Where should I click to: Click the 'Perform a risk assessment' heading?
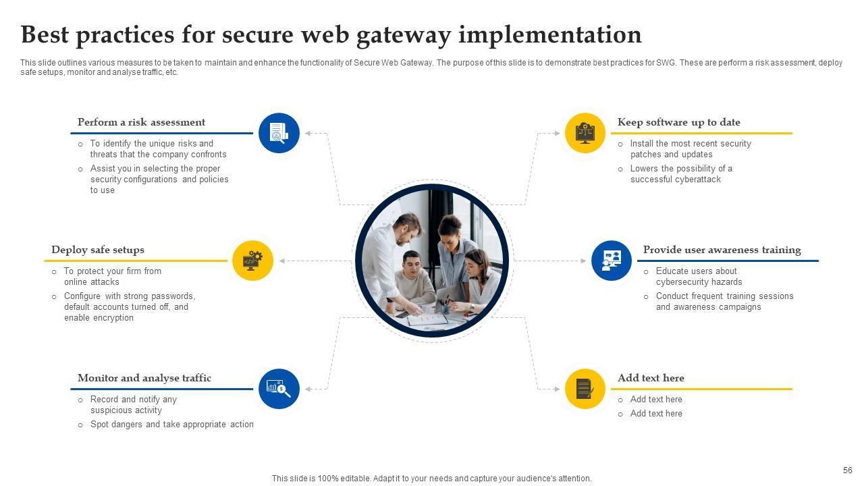pos(141,122)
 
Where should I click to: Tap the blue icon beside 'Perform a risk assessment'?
pos(279,133)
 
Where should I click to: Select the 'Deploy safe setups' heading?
pos(98,250)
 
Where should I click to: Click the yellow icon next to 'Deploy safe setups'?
pos(252,260)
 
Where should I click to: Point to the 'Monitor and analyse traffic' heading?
pos(144,378)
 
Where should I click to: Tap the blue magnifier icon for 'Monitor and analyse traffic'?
pos(279,389)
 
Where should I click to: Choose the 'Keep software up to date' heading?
pos(678,122)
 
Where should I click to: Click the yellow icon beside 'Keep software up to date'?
pos(585,133)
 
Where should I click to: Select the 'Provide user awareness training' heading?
pos(722,250)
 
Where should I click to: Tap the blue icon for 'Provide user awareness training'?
pos(611,260)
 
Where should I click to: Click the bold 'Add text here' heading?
pos(651,378)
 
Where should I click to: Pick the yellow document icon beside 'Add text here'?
pos(585,389)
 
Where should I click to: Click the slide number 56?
pos(848,470)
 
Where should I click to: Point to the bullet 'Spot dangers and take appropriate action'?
pos(171,425)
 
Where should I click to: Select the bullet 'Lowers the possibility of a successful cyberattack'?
pos(680,174)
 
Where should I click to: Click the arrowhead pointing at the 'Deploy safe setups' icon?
pos(283,261)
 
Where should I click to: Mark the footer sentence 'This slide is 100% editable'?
pos(431,479)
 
